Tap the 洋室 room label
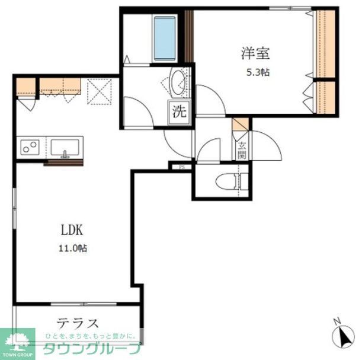coord(255,53)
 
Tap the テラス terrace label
coord(77,324)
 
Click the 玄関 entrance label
coord(242,151)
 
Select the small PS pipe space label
coord(181,167)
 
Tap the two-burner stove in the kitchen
coord(29,146)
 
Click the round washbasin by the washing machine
coord(178,82)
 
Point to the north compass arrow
coord(343,339)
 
